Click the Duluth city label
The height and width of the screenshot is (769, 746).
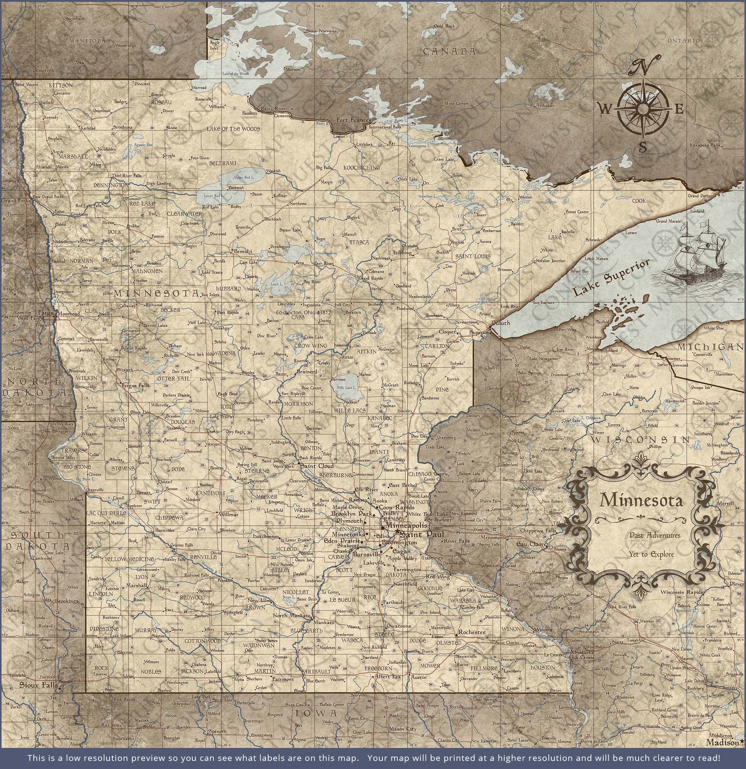[501, 323]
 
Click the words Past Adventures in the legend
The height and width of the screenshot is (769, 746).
[649, 535]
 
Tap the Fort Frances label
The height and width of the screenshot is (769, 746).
[353, 120]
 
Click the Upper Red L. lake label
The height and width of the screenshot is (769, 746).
[244, 177]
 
